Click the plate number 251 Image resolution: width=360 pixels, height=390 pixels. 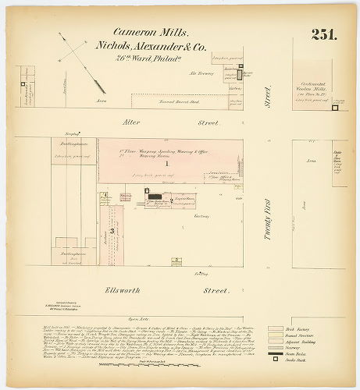323,34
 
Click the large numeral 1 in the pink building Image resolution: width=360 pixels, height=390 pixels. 165,165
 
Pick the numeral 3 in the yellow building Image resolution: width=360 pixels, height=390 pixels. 112,230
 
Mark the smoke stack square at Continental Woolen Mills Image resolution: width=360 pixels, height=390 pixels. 334,108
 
